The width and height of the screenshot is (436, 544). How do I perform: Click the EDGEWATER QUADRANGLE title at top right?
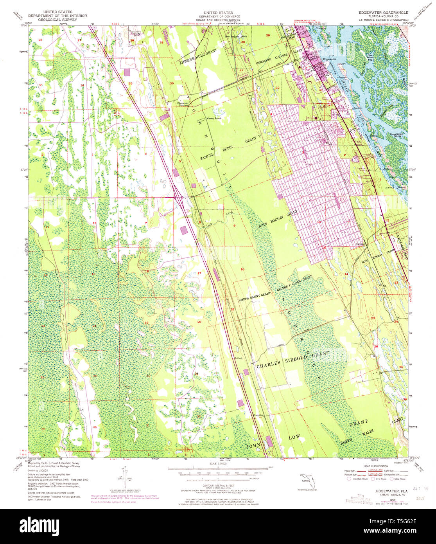[383, 13]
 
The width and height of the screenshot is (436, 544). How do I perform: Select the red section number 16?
[242, 269]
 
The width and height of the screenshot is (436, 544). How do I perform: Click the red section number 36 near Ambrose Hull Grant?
[172, 83]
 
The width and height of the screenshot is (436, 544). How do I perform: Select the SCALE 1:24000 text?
[218, 464]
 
